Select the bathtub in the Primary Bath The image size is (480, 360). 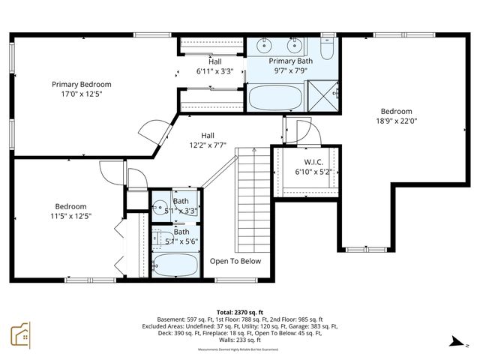point(274,97)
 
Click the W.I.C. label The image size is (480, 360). point(313,162)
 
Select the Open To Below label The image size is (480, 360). point(235,261)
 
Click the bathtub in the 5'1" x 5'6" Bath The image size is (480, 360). point(175,265)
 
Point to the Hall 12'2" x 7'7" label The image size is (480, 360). point(207,140)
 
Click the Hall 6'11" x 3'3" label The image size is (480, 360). point(215,67)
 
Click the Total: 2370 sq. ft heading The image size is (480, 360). point(240,311)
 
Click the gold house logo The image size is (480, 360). point(20,335)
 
